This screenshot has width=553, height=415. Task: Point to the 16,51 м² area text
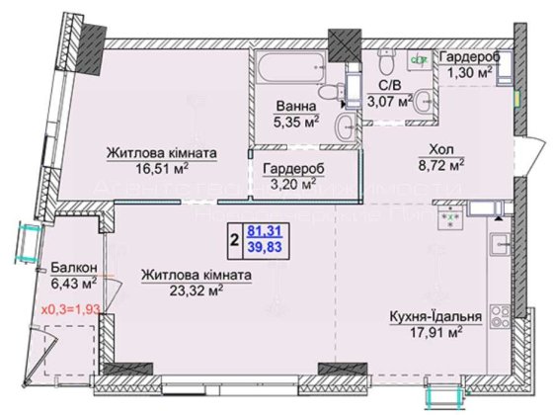pos(162,169)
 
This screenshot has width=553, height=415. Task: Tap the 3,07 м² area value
pos(386,99)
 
